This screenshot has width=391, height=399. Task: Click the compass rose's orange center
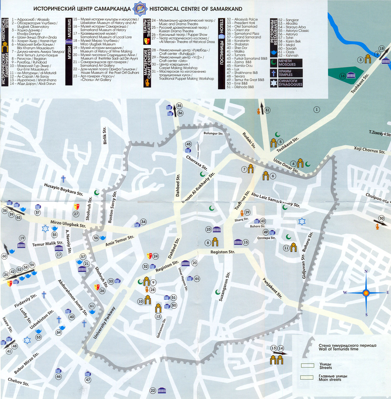pyautogui.click(x=366, y=293)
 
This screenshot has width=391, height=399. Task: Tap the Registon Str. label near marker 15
pyautogui.click(x=223, y=252)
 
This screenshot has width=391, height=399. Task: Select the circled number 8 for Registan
pyautogui.click(x=208, y=243)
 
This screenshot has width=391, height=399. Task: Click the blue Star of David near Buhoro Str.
pyautogui.click(x=302, y=221)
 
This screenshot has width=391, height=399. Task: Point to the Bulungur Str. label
pyautogui.click(x=213, y=133)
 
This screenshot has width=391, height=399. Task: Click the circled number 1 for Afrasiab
pyautogui.click(x=316, y=110)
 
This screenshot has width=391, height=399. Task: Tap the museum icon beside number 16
pyautogui.click(x=351, y=76)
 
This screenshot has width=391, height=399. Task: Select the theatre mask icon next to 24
pyautogui.click(x=149, y=256)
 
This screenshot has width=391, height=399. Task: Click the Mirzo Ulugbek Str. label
pyautogui.click(x=68, y=224)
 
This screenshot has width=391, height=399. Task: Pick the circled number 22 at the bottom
pyautogui.click(x=153, y=390)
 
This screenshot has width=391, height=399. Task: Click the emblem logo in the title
pyautogui.click(x=140, y=9)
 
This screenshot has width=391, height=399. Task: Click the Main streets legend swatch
pyautogui.click(x=307, y=377)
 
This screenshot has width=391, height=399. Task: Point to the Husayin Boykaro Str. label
pyautogui.click(x=63, y=189)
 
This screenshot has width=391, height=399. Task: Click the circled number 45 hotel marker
pyautogui.click(x=188, y=144)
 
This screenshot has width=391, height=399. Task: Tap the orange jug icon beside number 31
pyautogui.click(x=259, y=111)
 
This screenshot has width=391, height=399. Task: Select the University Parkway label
pyautogui.click(x=104, y=323)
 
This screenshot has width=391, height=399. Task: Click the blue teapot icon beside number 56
pyautogui.click(x=103, y=238)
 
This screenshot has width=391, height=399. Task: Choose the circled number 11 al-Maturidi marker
pyautogui.click(x=286, y=248)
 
